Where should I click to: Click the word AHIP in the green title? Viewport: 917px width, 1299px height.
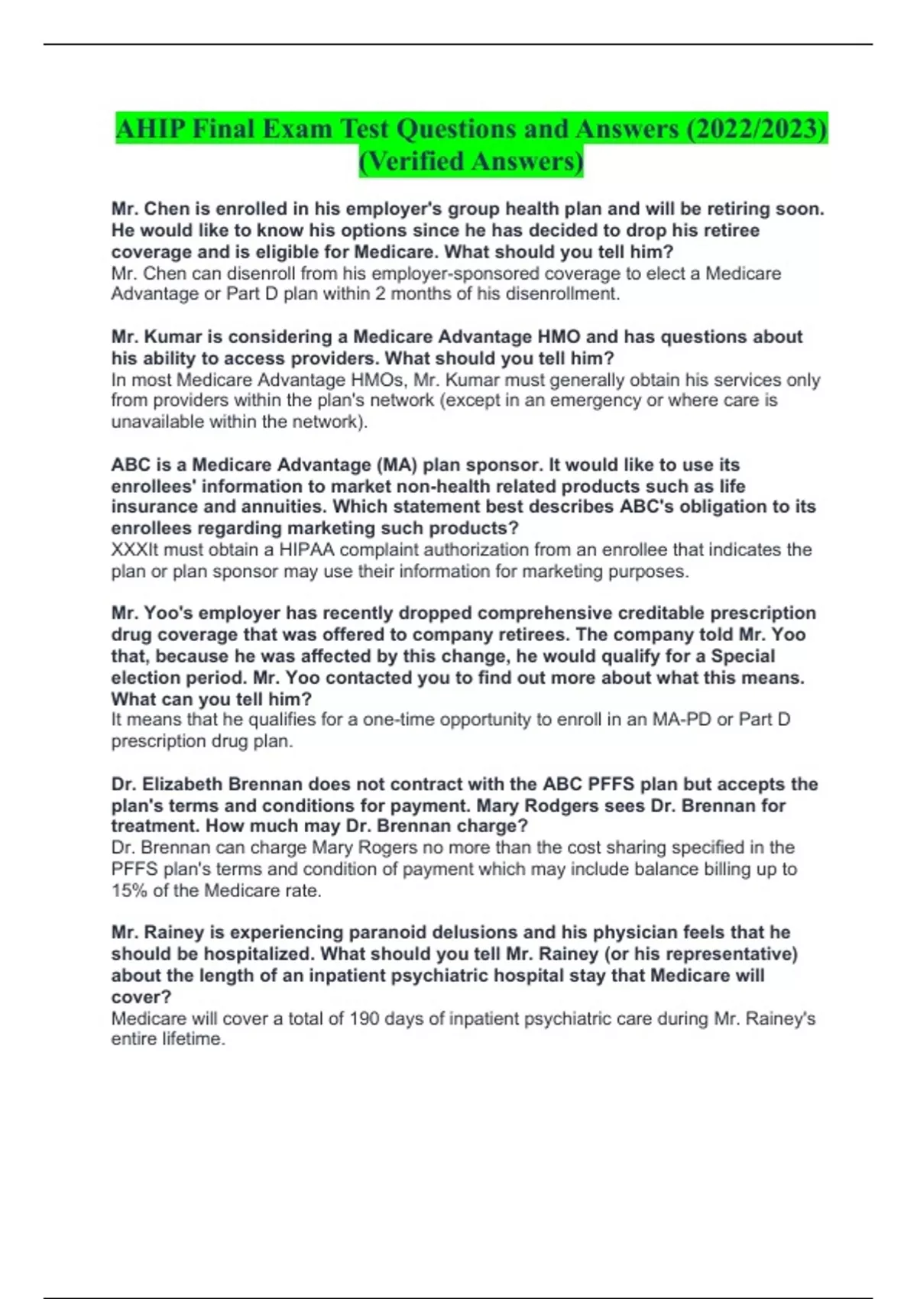pos(151,129)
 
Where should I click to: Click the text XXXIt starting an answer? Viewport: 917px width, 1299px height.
pos(134,549)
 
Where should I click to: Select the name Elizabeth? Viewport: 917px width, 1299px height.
pos(183,784)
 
